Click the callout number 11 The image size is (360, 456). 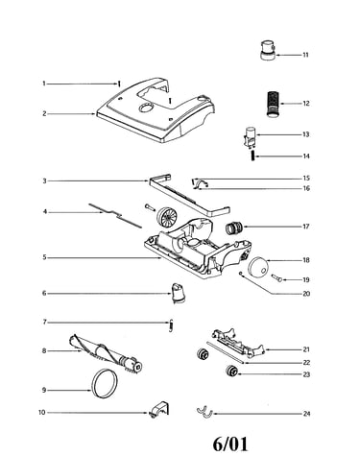click(305, 55)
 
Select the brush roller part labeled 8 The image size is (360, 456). click(106, 353)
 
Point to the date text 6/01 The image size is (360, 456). click(230, 444)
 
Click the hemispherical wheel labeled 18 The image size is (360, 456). click(258, 267)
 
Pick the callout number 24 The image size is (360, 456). click(306, 414)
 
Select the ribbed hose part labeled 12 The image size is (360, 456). click(273, 104)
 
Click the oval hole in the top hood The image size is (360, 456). click(146, 108)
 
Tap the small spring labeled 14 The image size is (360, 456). click(252, 156)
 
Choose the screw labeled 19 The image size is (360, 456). click(276, 277)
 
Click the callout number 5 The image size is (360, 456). click(44, 257)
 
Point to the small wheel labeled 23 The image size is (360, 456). click(231, 371)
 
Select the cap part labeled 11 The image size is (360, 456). click(268, 50)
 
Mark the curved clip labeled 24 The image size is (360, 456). click(204, 412)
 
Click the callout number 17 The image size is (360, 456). click(306, 227)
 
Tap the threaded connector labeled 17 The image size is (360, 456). click(234, 228)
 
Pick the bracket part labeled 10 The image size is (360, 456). click(158, 410)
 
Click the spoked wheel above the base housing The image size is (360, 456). click(167, 216)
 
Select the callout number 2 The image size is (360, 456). click(44, 114)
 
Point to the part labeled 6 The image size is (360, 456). click(179, 293)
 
